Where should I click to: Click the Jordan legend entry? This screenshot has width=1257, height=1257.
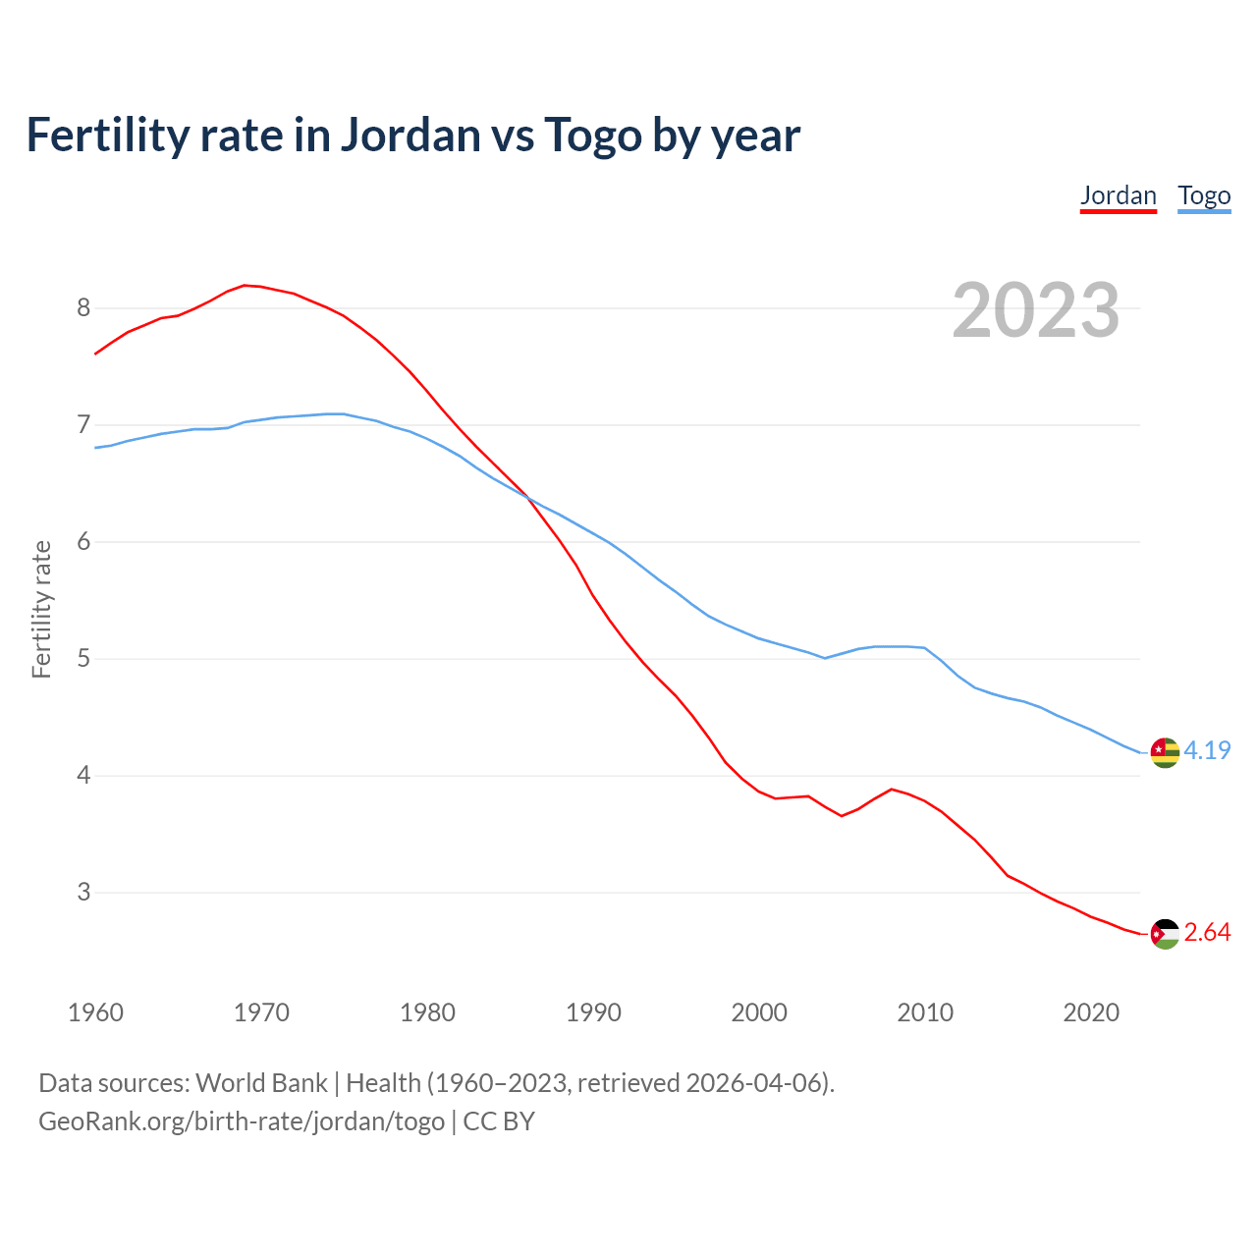[1118, 195]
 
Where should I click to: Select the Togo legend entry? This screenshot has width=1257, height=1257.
[1204, 195]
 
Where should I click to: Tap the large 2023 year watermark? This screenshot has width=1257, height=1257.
[1036, 310]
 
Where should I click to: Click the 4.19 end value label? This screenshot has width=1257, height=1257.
[1207, 750]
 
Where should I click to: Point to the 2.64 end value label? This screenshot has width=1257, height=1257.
[1207, 933]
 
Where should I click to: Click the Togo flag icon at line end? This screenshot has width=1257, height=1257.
[1165, 752]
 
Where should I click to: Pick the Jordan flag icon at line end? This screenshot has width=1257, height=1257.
[1165, 934]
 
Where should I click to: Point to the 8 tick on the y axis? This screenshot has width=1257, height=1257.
[83, 308]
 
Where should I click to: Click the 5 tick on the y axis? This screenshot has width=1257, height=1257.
[83, 659]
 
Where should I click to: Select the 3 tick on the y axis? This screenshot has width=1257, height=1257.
[83, 893]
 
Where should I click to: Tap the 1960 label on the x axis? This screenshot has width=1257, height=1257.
[95, 1012]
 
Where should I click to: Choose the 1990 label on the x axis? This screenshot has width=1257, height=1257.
[593, 1012]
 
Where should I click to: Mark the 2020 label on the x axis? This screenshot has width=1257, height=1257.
[1091, 1012]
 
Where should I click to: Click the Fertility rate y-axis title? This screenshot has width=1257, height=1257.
[41, 609]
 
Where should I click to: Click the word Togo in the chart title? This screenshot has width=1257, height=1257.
[592, 135]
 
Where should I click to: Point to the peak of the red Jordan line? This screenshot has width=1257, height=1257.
[246, 285]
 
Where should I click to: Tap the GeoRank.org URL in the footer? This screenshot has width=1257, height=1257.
[242, 1121]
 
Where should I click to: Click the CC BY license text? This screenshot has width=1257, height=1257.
[499, 1121]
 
